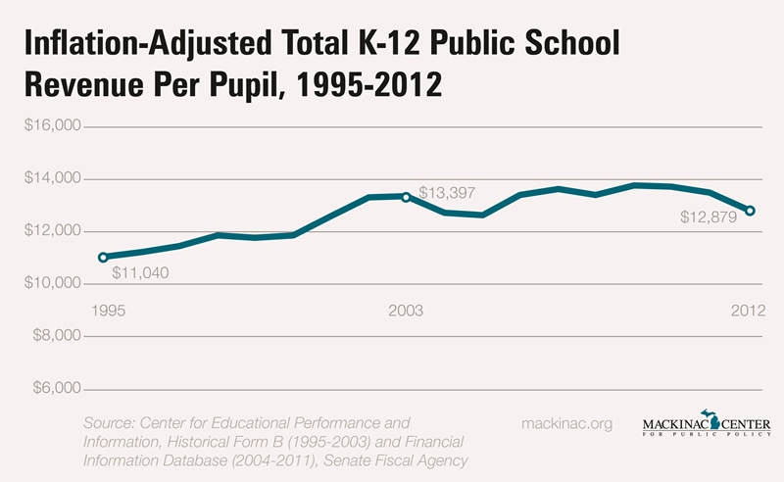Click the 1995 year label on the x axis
[x=108, y=311]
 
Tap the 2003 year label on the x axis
[x=406, y=311]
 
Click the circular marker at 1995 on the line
[x=103, y=258]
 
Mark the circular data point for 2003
[x=406, y=197]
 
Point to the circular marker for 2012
[x=750, y=211]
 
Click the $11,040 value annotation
[x=140, y=272]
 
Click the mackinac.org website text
[x=569, y=424]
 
